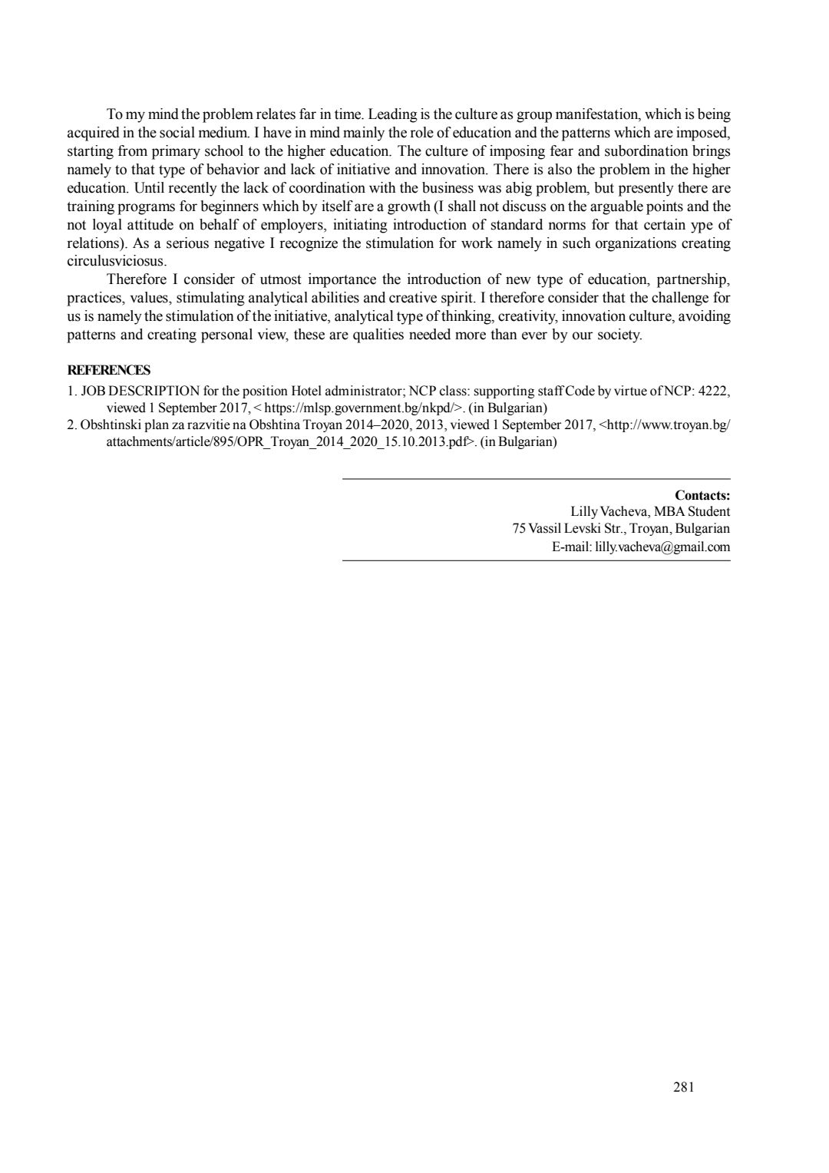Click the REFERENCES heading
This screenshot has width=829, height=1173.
pyautogui.click(x=109, y=370)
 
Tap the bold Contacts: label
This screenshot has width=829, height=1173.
pyautogui.click(x=702, y=495)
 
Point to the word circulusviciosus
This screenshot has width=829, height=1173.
pyautogui.click(x=117, y=261)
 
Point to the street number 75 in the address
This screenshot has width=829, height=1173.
pyautogui.click(x=518, y=529)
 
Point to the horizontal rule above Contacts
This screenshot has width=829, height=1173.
pyautogui.click(x=536, y=479)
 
